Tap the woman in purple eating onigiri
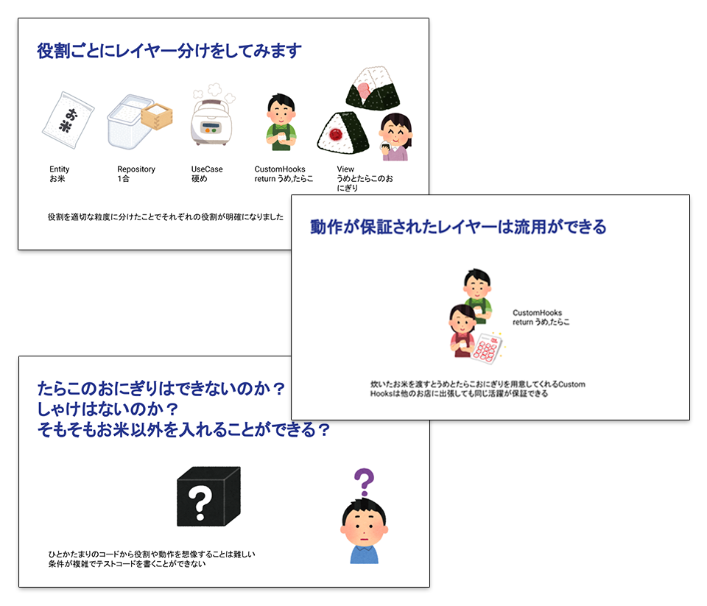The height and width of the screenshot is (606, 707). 395,138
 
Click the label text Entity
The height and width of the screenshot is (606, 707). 60,169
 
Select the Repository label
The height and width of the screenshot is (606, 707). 136,169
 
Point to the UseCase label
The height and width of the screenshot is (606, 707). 207,169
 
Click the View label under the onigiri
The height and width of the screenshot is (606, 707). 345,169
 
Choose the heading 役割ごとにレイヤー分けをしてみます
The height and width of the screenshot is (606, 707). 169,52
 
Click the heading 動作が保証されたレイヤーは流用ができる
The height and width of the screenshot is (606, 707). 458,227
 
